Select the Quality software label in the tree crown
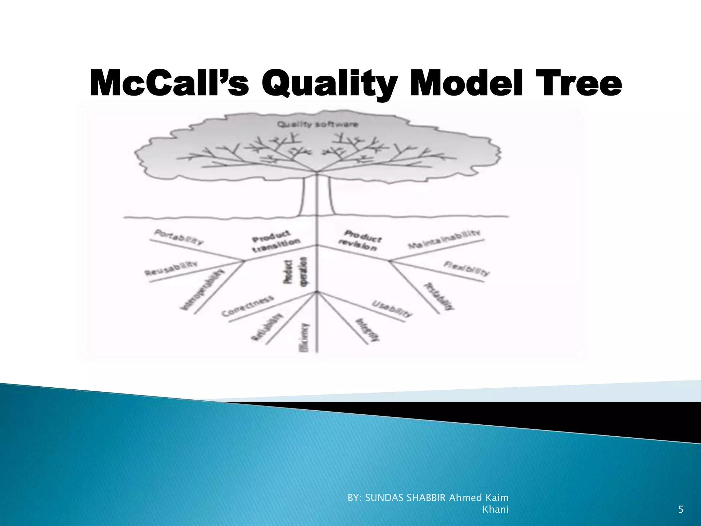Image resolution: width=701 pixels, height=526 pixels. [x=317, y=124]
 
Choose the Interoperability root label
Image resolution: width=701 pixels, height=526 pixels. [x=203, y=290]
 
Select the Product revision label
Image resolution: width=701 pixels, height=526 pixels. [x=360, y=240]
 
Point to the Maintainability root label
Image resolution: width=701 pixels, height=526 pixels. [x=444, y=239]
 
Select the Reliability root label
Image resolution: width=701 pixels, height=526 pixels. [x=268, y=327]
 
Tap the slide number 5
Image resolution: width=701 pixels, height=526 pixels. [x=681, y=510]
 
